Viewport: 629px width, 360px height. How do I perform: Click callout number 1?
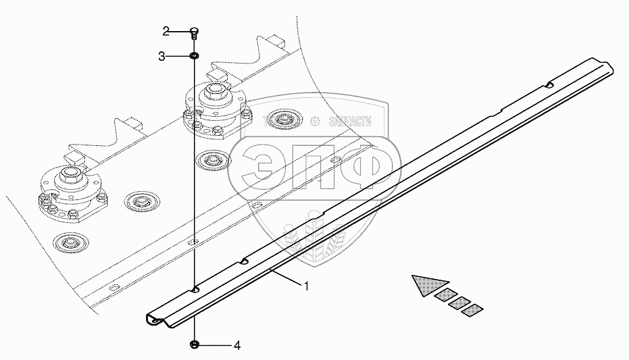(306, 286)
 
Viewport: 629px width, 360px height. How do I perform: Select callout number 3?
(162, 57)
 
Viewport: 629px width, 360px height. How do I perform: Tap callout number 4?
(236, 346)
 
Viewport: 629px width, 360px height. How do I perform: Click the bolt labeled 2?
(194, 31)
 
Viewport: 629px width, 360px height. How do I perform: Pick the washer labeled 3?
(194, 56)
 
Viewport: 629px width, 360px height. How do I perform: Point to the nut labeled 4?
(195, 345)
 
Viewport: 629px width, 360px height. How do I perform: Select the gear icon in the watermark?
(314, 122)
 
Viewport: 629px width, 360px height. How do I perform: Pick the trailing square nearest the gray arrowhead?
(445, 294)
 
